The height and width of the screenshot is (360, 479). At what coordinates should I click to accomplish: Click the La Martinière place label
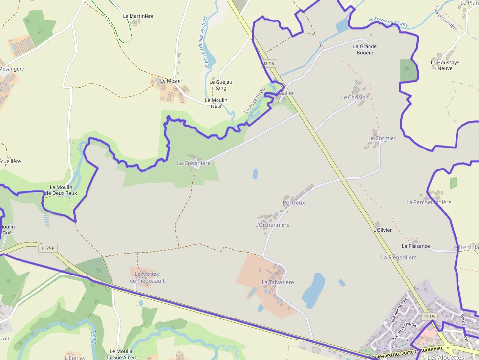(138, 16)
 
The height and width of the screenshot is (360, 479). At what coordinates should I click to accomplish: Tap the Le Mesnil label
(171, 81)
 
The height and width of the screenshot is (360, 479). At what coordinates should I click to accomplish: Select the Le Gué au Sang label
(220, 85)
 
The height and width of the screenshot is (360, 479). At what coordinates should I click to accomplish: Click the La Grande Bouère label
(365, 49)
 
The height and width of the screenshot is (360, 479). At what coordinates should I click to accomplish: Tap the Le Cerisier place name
(354, 97)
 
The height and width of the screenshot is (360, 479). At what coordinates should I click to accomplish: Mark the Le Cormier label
(382, 138)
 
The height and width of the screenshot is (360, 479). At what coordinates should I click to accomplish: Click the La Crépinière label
(194, 163)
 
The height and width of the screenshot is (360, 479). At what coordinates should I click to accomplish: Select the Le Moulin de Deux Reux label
(61, 190)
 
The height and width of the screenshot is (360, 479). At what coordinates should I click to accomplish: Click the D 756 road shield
(48, 248)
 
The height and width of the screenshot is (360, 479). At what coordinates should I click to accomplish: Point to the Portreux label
(294, 202)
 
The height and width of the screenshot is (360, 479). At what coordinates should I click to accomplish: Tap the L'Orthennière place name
(272, 225)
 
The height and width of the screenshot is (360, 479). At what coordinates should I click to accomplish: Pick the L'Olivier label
(382, 230)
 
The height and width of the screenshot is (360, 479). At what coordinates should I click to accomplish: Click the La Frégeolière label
(399, 257)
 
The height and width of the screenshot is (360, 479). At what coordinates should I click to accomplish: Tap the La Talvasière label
(278, 282)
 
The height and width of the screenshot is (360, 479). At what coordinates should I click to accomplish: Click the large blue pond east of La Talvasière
(313, 290)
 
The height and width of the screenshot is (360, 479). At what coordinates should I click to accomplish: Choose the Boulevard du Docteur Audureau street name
(405, 352)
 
